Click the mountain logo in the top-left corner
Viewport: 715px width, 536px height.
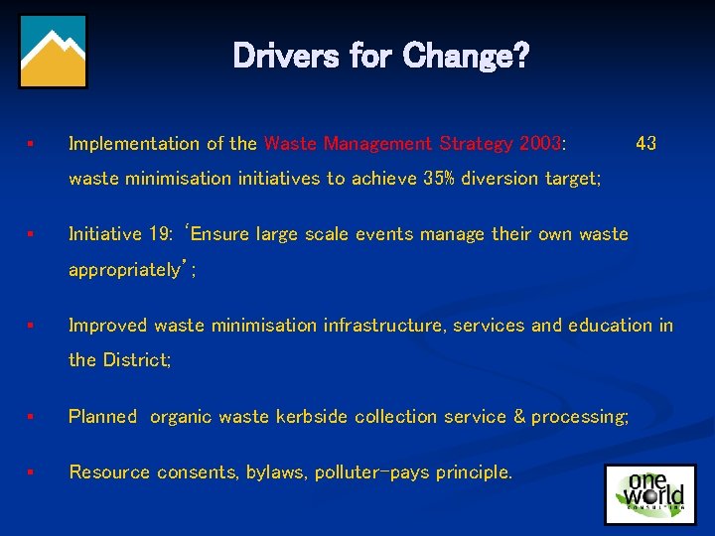coord(53,51)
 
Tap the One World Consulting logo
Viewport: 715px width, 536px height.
coord(646,493)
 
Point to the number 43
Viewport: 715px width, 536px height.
coord(645,144)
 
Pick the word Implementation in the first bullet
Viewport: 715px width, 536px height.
coord(133,144)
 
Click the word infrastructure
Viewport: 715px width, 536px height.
coord(383,326)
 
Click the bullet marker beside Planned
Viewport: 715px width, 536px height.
coord(32,417)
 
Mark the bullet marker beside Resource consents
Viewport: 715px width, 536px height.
coord(32,472)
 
